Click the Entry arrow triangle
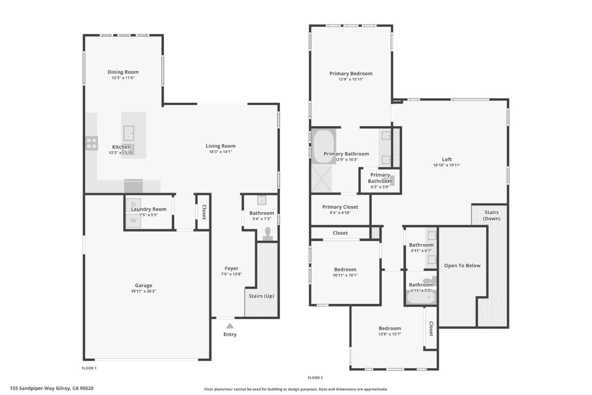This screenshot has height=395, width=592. pyautogui.click(x=230, y=325)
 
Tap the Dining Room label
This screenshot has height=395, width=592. pyautogui.click(x=123, y=72)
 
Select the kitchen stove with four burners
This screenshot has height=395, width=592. pyautogui.click(x=92, y=143)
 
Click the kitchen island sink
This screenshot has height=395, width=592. pyautogui.click(x=129, y=133)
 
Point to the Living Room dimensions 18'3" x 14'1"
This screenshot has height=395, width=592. pyautogui.click(x=220, y=152)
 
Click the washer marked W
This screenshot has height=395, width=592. pyautogui.click(x=133, y=221)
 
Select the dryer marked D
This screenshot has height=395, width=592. pyautogui.click(x=133, y=204)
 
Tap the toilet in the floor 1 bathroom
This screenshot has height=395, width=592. pyautogui.click(x=268, y=233)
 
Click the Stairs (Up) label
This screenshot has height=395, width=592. pyautogui.click(x=261, y=296)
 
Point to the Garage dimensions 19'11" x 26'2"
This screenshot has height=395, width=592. pyautogui.click(x=143, y=291)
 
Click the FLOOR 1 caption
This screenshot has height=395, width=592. pyautogui.click(x=89, y=368)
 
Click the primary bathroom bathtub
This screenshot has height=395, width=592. pyautogui.click(x=324, y=147)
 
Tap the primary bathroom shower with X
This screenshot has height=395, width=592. pyautogui.click(x=321, y=179)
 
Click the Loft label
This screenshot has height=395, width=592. pyautogui.click(x=446, y=159)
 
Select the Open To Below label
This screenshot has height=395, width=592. pyautogui.click(x=462, y=265)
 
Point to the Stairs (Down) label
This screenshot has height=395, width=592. pyautogui.click(x=491, y=215)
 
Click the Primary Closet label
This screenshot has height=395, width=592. pyautogui.click(x=340, y=207)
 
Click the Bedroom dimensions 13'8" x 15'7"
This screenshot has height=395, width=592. pyautogui.click(x=390, y=334)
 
